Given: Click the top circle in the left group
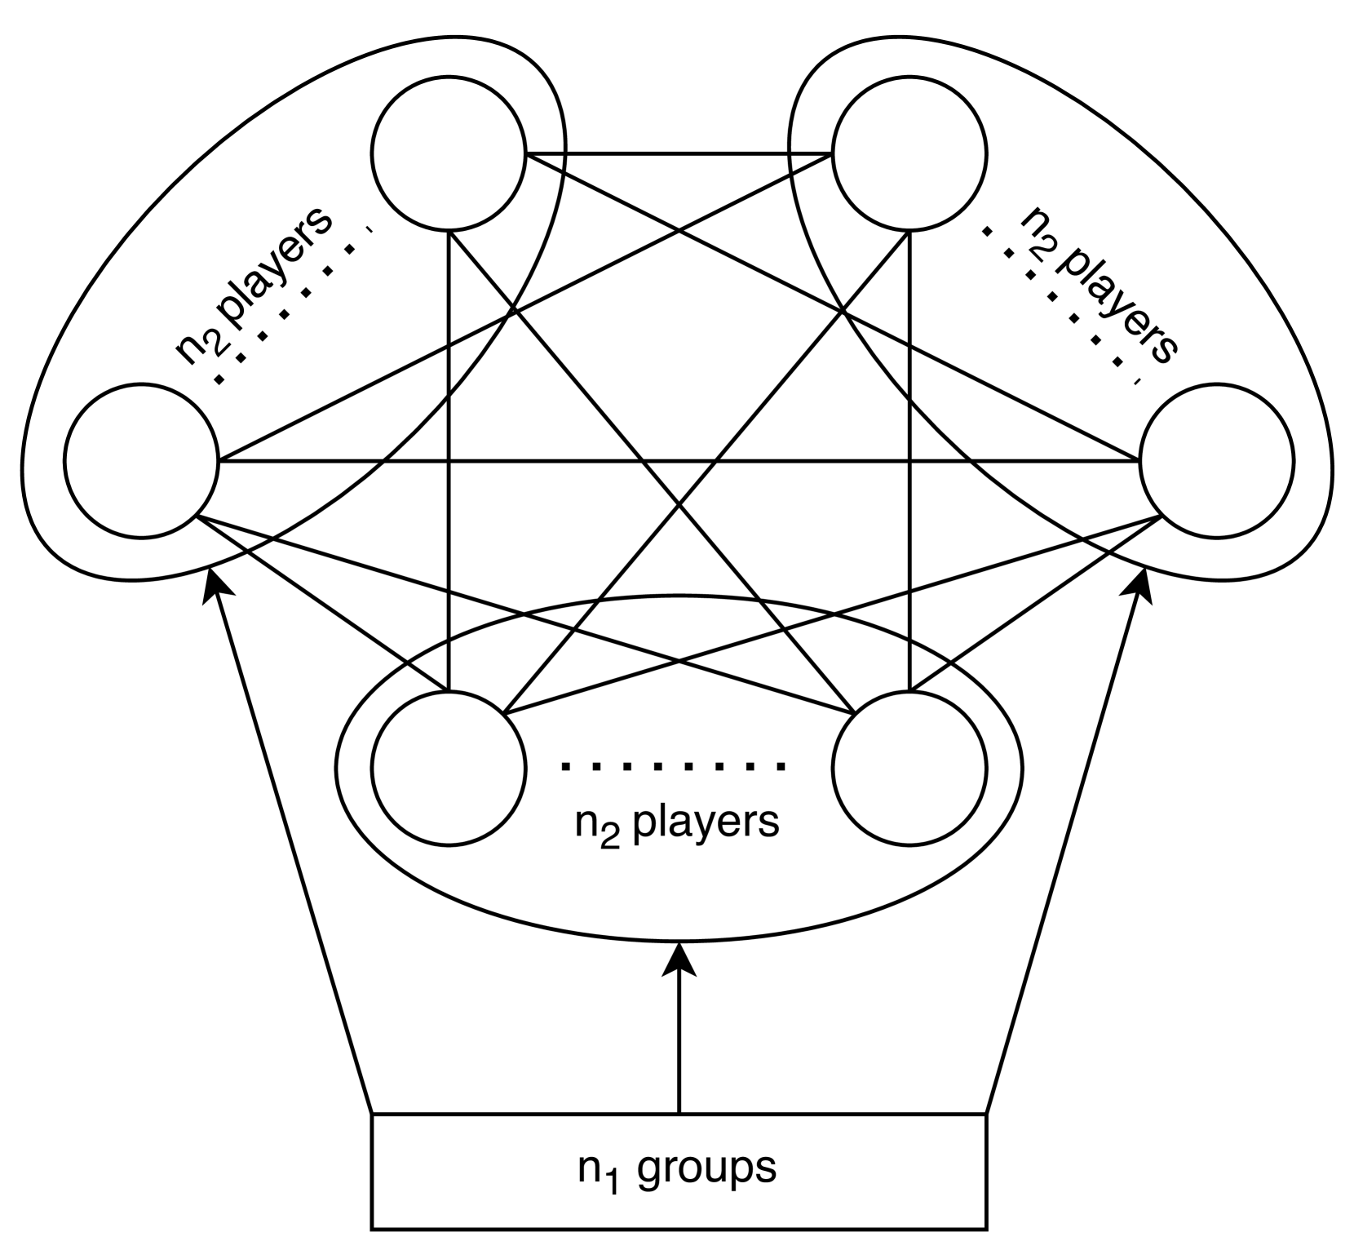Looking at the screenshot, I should coord(448,153).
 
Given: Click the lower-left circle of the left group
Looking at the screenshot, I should coord(141,461).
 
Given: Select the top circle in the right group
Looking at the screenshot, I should coord(909,153).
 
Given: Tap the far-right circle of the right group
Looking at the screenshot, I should coord(1215,461).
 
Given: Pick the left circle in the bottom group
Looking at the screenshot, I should coord(448,768).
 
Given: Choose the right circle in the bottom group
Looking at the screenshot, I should coord(909,768).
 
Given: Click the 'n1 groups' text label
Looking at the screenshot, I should coord(677,1169).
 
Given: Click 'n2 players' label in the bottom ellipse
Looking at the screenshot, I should coord(677,823).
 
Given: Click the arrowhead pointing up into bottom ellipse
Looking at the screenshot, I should coord(679,959).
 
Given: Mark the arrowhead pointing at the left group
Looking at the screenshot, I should coord(215,586).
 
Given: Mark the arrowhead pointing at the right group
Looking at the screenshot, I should coord(1142,586).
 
